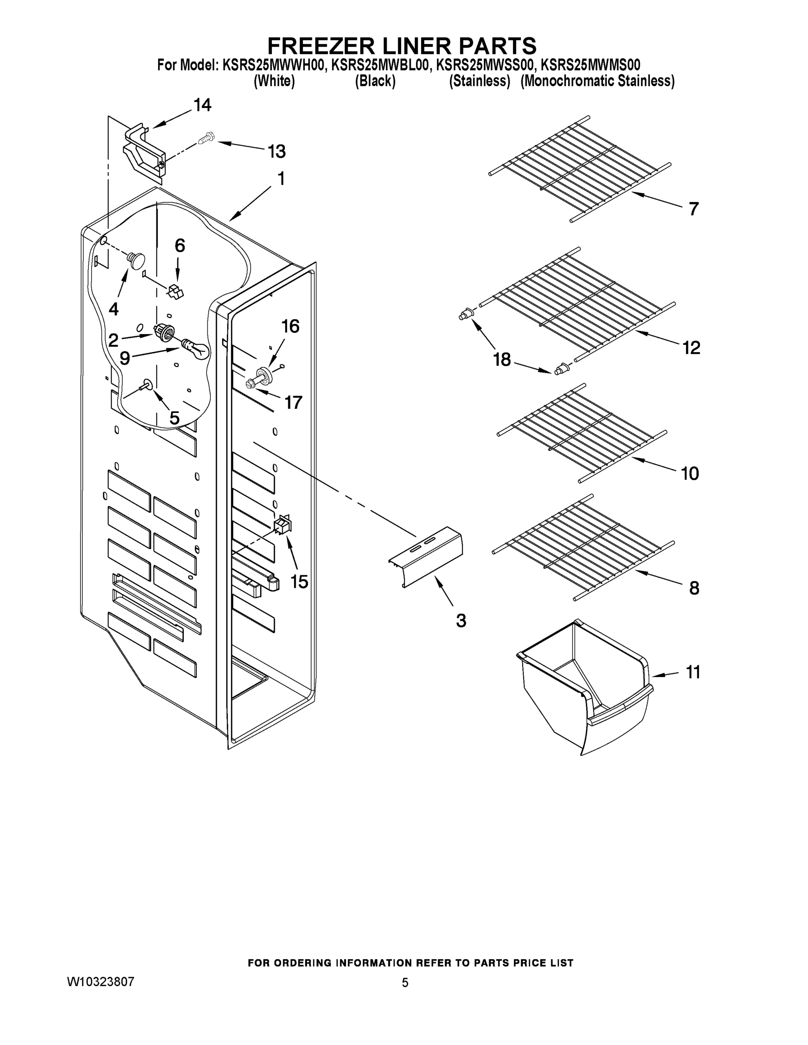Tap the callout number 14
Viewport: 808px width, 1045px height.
pos(202,105)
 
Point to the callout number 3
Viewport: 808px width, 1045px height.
pos(460,621)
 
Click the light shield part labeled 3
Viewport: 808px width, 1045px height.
pos(426,556)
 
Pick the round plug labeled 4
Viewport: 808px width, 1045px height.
pos(136,260)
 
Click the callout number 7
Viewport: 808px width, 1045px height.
pos(693,209)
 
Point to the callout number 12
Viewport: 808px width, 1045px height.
pos(691,348)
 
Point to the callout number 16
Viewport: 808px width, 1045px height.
pos(290,326)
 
